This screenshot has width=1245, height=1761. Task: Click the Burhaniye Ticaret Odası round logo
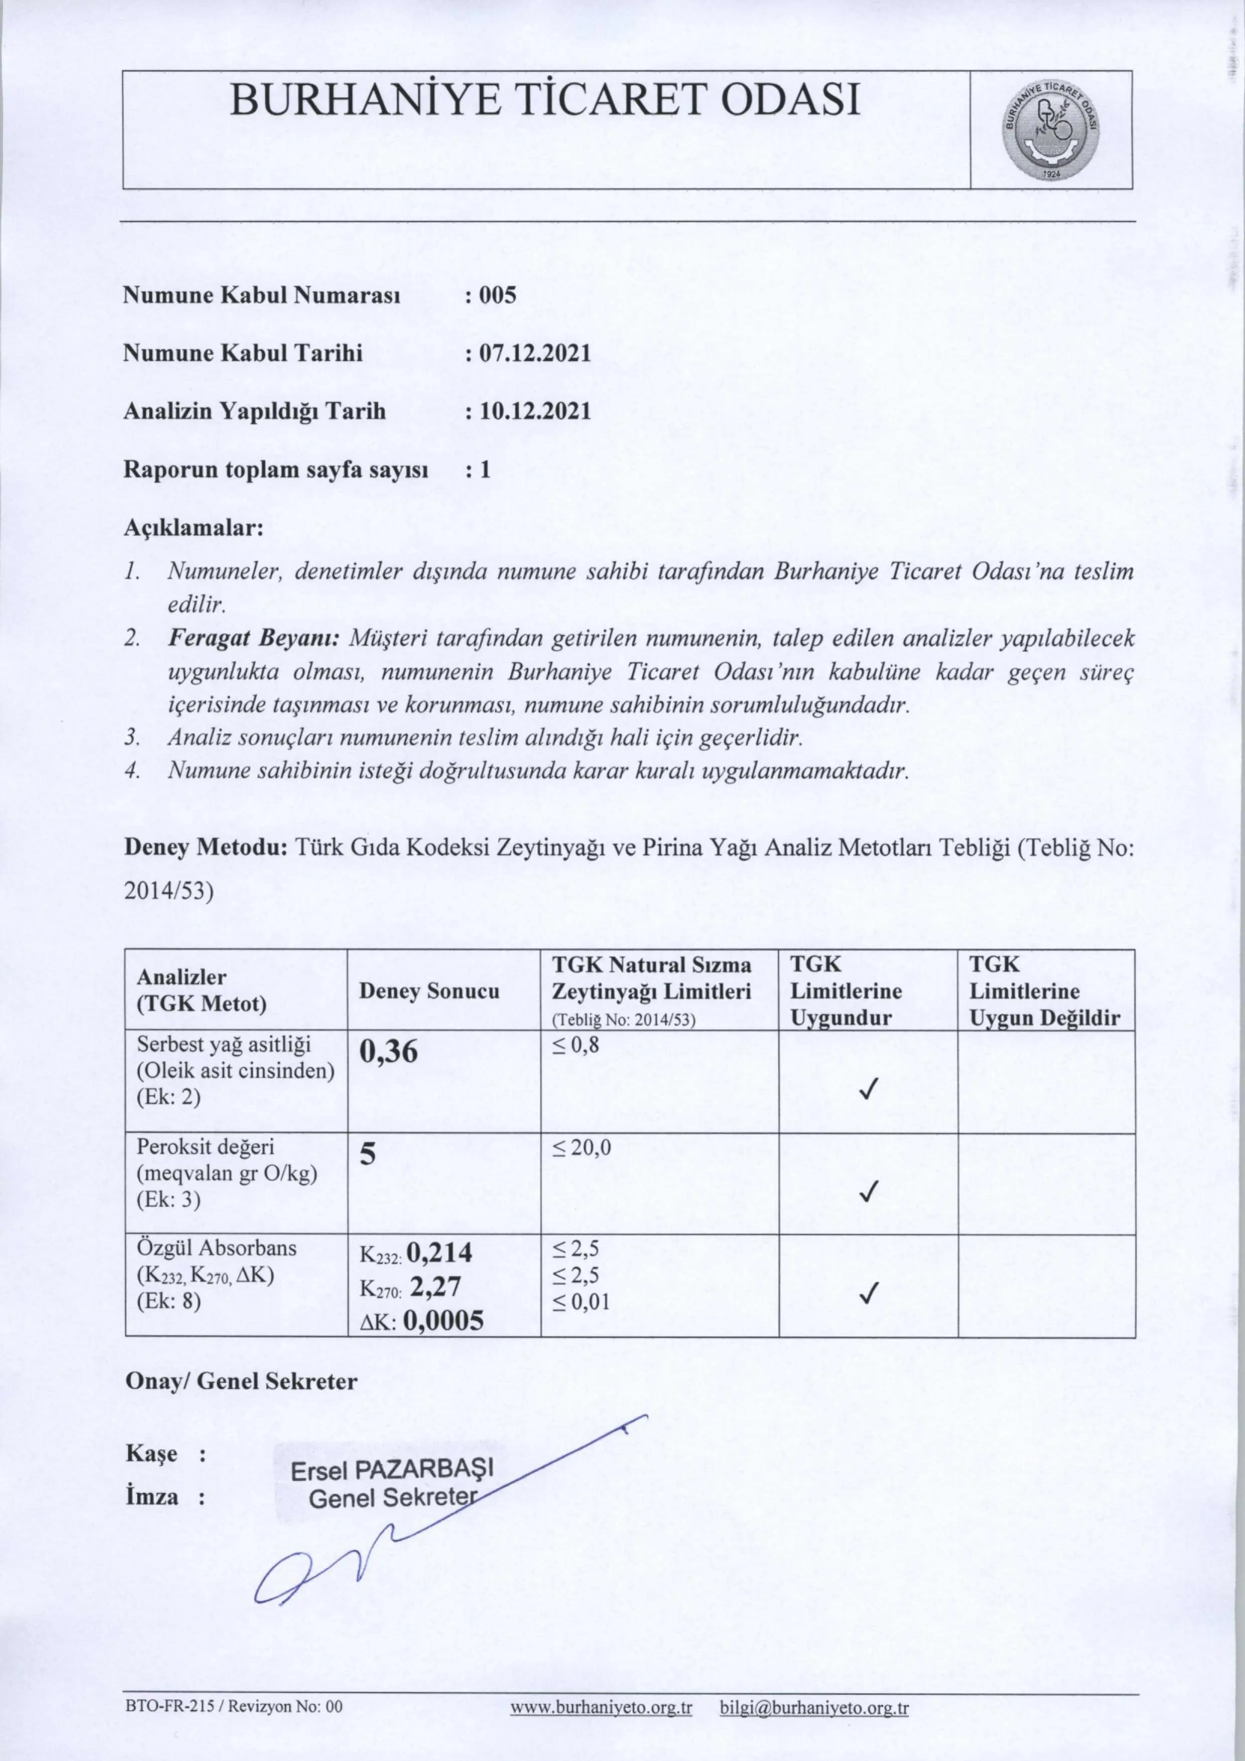point(1051,130)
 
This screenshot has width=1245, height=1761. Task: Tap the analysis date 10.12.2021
point(536,412)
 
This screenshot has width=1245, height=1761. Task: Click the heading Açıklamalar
point(193,529)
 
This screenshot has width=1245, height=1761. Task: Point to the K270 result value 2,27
point(435,1286)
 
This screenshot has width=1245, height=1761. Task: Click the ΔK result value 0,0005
point(443,1320)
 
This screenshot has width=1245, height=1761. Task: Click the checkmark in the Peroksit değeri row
point(867,1191)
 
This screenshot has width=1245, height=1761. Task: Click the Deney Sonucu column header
point(429,991)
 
